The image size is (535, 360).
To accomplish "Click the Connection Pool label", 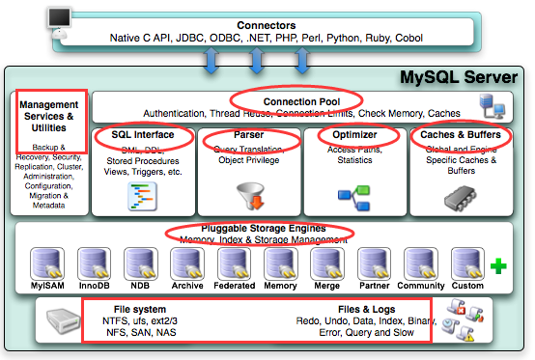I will [297, 99].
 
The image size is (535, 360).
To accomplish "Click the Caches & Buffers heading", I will [458, 135].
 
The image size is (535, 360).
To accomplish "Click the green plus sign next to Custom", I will [498, 264].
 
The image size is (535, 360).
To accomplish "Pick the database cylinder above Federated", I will [235, 263].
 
